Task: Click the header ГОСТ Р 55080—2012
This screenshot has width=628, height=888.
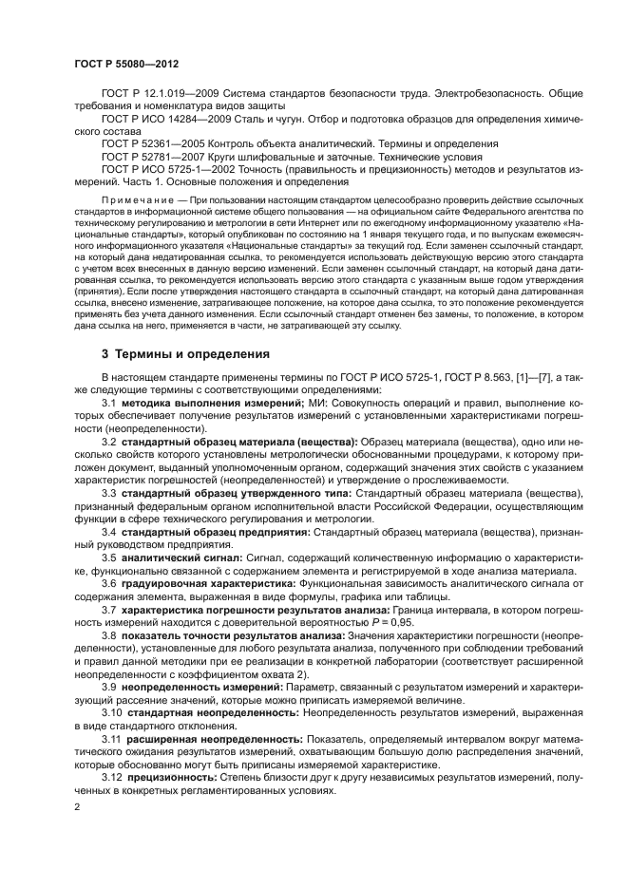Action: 126,64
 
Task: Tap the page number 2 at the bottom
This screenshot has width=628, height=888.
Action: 77,806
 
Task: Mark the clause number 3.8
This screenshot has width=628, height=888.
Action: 109,633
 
